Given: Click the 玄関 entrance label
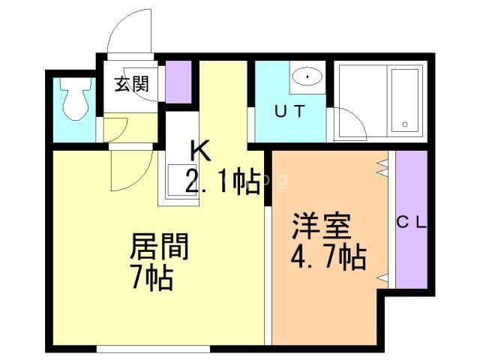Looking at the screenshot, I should [131, 84].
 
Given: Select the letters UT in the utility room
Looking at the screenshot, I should [289, 112].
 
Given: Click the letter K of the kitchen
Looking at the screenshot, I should [199, 152].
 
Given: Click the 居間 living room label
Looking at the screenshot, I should [159, 247].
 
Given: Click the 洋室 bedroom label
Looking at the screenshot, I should [318, 227].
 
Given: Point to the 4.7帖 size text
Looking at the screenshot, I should [328, 257].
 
